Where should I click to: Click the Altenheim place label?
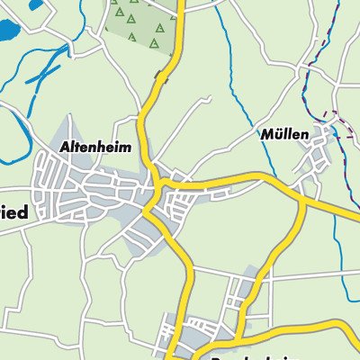[x=95, y=146]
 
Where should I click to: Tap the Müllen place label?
[x=285, y=135]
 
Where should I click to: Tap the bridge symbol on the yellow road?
[x=161, y=77]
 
